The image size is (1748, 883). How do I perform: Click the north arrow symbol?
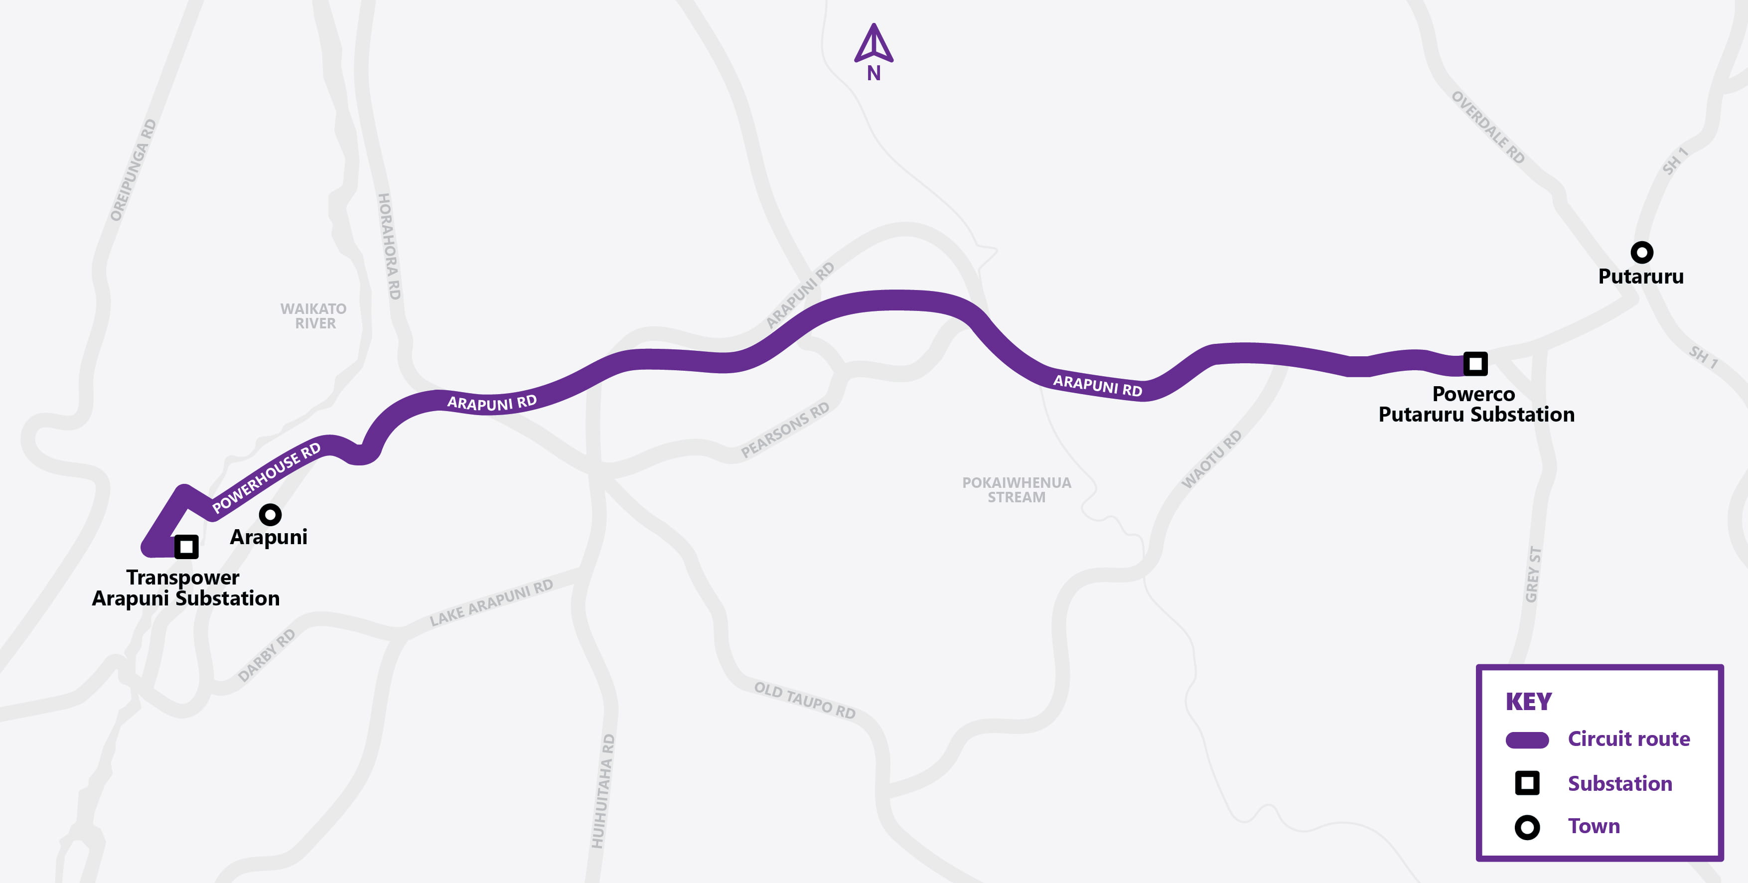[x=874, y=44]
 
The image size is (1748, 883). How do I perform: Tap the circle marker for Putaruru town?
[x=1641, y=253]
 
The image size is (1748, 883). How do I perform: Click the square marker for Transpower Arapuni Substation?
[x=186, y=546]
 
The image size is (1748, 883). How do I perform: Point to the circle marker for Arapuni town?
[x=270, y=514]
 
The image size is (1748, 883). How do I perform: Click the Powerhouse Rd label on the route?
[x=266, y=478]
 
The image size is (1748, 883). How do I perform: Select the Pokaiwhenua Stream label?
[x=1017, y=490]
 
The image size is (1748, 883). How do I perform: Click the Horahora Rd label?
[x=389, y=246]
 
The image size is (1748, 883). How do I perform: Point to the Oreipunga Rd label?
[x=133, y=170]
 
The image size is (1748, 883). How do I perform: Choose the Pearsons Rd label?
[x=785, y=430]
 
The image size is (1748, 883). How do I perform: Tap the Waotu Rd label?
[x=1212, y=459]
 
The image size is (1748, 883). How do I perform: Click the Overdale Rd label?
[x=1487, y=128]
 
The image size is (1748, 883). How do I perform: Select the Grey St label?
[x=1533, y=574]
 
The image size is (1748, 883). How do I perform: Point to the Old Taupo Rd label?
[x=805, y=701]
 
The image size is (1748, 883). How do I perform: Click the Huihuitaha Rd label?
[x=602, y=791]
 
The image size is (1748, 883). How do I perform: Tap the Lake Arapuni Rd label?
[x=491, y=602]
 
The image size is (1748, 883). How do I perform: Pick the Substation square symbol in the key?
[x=1527, y=783]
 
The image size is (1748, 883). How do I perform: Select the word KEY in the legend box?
[x=1528, y=702]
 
